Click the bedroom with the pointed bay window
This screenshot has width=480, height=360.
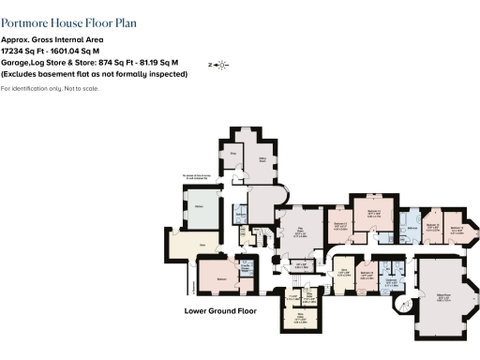click(458, 229)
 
